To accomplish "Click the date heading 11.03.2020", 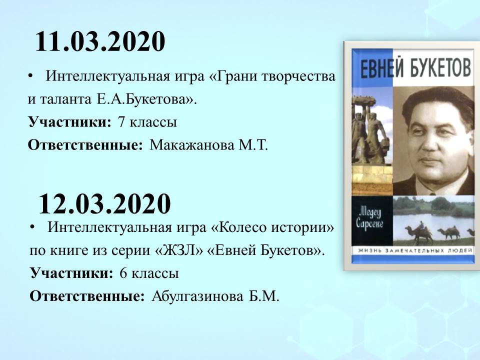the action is click(x=100, y=41).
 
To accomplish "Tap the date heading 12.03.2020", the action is click(x=104, y=203).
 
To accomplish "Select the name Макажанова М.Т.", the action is click(x=209, y=145).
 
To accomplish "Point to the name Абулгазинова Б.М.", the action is click(x=215, y=296).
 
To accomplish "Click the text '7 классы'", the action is click(x=147, y=122).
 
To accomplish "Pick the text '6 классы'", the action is click(x=149, y=273).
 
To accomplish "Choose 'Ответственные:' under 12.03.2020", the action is click(x=87, y=296).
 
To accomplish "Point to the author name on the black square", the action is click(x=370, y=218).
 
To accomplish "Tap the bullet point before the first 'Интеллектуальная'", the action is click(x=30, y=76).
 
